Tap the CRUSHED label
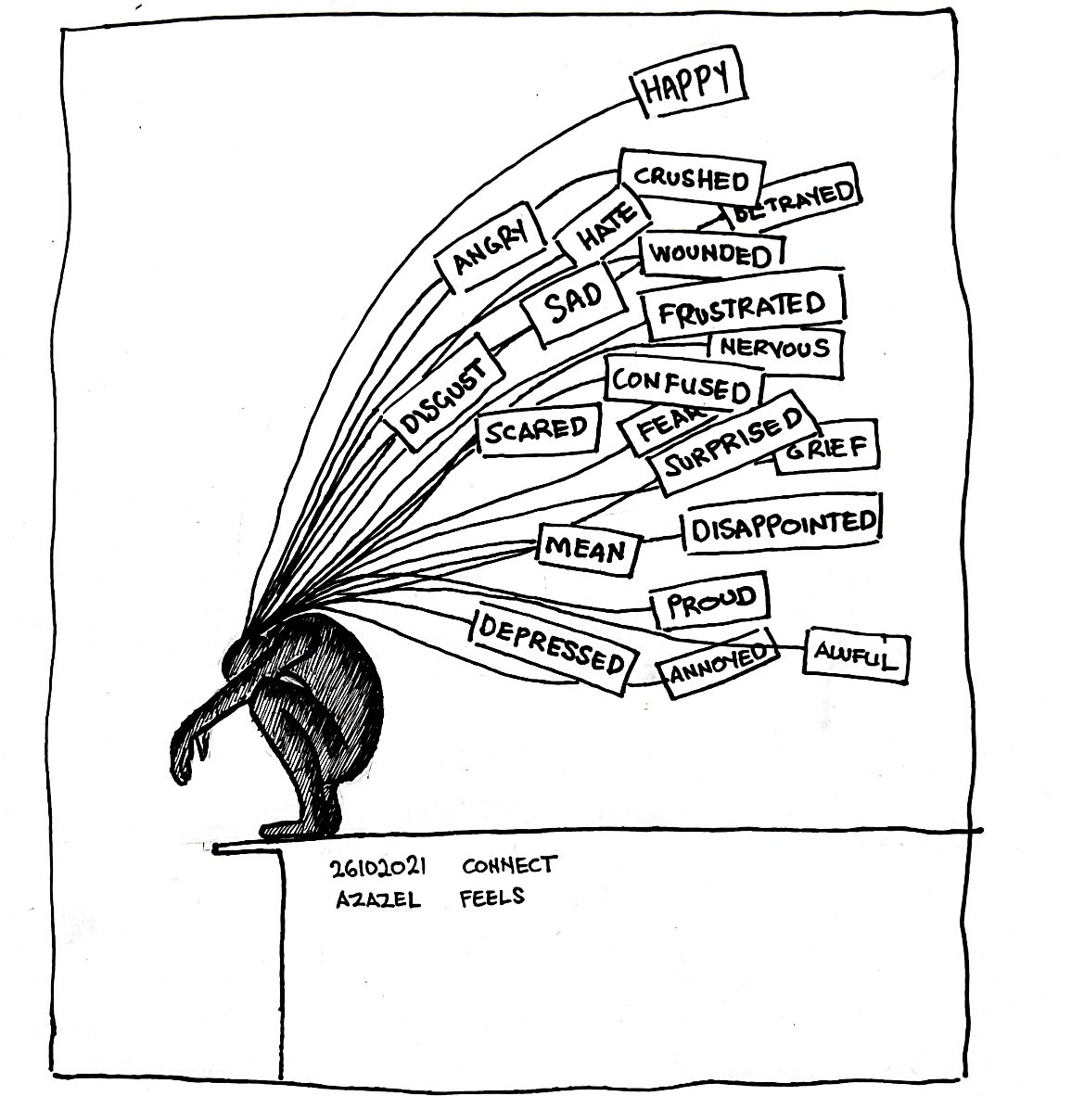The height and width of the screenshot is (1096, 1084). [x=692, y=178]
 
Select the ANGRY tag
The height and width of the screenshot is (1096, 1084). [x=489, y=248]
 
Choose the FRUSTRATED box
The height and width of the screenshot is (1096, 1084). [x=742, y=307]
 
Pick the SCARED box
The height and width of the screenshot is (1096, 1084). [x=538, y=429]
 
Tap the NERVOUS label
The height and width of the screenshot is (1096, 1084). [x=775, y=349]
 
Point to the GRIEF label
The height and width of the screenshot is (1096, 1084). [x=826, y=450]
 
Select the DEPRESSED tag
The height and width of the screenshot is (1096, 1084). [x=553, y=644]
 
